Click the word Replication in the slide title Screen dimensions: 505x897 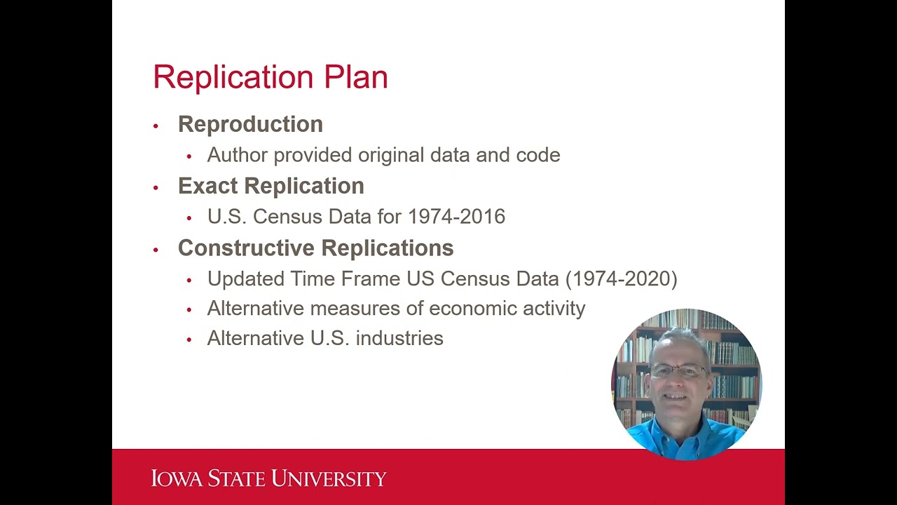[234, 77]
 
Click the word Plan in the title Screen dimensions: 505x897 [355, 77]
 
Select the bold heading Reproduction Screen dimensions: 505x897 [250, 124]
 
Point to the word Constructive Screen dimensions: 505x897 [246, 248]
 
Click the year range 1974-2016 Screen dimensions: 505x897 [456, 217]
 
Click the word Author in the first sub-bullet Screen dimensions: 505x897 [238, 155]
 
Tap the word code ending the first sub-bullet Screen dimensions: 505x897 [538, 155]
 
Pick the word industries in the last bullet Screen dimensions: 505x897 [399, 338]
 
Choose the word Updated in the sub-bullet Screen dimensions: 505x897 [246, 279]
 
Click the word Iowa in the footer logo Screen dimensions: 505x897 [177, 479]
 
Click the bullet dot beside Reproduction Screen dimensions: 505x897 [156, 126]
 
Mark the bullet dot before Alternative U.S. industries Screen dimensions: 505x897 [189, 340]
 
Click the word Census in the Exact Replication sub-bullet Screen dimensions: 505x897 [287, 217]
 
